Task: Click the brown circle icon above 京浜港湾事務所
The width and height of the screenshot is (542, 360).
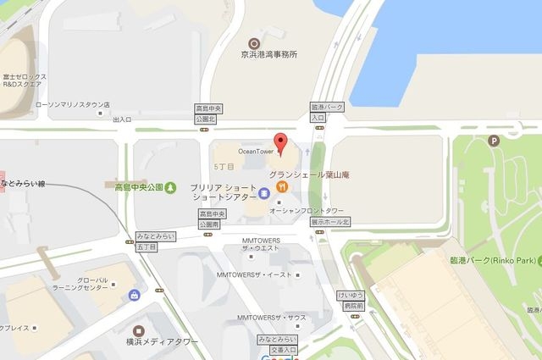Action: click(252, 42)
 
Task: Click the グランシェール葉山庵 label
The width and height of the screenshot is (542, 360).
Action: click(309, 175)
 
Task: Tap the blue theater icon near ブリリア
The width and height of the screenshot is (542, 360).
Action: click(263, 193)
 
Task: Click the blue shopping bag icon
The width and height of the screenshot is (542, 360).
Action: click(135, 295)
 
